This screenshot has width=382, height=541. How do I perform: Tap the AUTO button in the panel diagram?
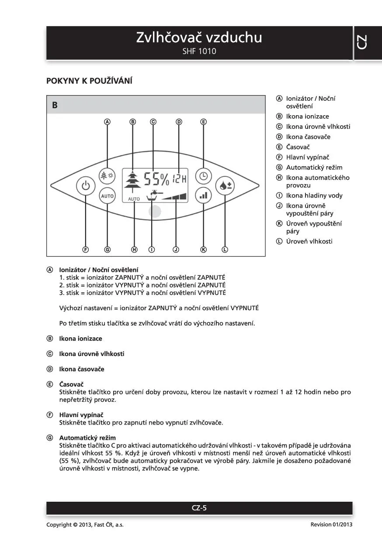click(x=107, y=196)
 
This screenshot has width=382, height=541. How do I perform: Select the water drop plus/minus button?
click(x=226, y=185)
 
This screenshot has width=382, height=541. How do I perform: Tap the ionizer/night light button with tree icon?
click(x=107, y=175)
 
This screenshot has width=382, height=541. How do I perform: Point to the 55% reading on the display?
click(x=156, y=178)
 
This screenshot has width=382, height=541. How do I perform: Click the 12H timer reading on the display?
click(x=179, y=178)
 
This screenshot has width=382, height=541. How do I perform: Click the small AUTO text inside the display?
click(x=134, y=199)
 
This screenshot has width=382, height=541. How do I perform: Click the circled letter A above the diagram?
click(x=107, y=122)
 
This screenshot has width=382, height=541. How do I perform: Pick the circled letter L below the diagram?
click(x=225, y=250)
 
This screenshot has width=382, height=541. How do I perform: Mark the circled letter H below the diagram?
click(x=134, y=250)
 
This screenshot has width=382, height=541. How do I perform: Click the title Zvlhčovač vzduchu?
click(x=199, y=38)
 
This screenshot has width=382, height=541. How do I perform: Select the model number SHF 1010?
click(x=199, y=51)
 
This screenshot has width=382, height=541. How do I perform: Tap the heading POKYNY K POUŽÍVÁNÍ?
click(x=89, y=81)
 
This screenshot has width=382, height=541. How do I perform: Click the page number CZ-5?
click(x=199, y=508)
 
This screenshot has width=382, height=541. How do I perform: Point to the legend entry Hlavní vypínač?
click(x=307, y=157)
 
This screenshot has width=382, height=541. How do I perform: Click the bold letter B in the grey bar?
click(x=55, y=105)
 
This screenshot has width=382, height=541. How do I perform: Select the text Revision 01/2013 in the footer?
click(x=331, y=524)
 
